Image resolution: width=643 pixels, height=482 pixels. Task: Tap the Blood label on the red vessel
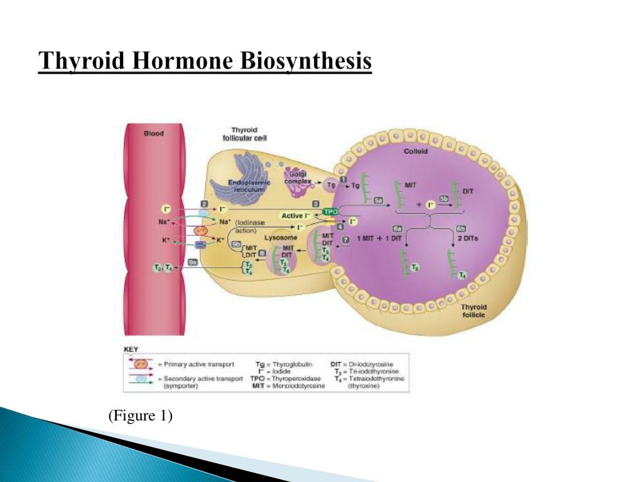tap(154, 133)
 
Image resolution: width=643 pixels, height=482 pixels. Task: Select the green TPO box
tap(330, 212)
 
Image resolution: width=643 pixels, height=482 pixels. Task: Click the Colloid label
tap(415, 151)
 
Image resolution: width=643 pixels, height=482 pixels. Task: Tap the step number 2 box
tap(204, 203)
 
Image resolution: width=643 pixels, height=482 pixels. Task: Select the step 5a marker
tap(379, 200)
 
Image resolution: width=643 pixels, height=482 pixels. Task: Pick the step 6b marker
tap(461, 228)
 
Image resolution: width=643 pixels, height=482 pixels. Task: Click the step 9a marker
tap(193, 263)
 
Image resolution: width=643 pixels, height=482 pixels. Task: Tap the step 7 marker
tap(345, 239)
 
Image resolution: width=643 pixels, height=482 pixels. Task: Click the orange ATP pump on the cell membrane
tap(200, 231)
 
